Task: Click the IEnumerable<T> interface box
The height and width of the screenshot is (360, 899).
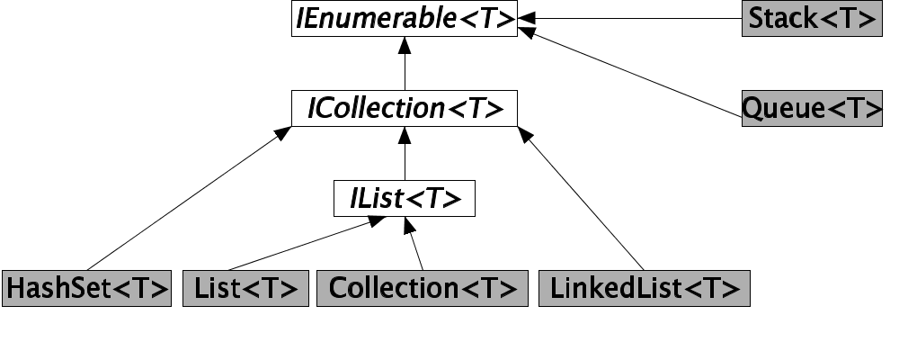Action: pos(405,18)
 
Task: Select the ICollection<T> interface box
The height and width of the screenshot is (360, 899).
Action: pos(405,108)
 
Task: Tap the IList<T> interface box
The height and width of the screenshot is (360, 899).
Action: pos(405,198)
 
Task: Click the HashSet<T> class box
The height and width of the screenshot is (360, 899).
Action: pos(86,288)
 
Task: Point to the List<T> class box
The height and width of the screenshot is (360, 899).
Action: pos(245,288)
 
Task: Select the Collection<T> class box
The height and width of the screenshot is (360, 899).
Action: pos(423,288)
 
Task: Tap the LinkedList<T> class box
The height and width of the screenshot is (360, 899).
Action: pos(644,288)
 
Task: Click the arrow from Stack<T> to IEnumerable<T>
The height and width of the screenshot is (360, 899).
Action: pos(629,18)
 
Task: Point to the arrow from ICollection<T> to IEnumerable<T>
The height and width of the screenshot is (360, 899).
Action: pos(405,63)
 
